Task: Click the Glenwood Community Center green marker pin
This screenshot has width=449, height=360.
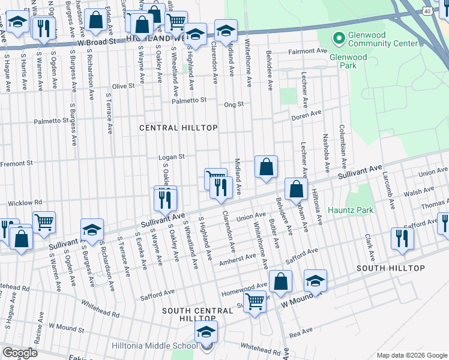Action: (339, 38)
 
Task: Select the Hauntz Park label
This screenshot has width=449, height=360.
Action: (351, 210)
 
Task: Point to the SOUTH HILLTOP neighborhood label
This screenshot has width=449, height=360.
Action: (391, 268)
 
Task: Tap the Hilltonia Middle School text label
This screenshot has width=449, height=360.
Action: (154, 346)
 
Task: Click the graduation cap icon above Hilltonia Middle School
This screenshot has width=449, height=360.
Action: (206, 331)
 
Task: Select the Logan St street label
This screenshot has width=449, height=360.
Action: (170, 157)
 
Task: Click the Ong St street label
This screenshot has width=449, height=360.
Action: (234, 104)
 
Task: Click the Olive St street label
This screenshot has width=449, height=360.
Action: (123, 86)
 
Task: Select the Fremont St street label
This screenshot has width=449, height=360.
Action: (16, 163)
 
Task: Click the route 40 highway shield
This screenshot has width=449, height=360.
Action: (426, 11)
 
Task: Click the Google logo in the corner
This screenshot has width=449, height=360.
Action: (20, 353)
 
